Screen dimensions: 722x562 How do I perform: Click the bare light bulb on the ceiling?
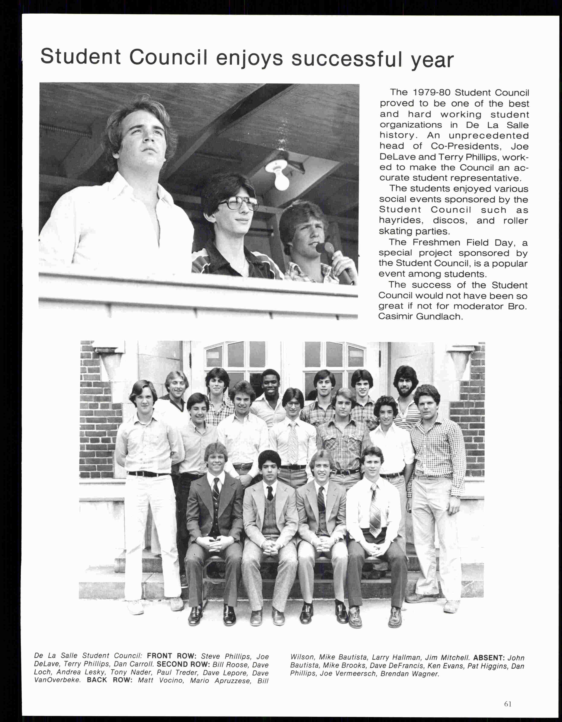point(281,179)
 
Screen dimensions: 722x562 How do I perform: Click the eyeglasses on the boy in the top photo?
point(238,203)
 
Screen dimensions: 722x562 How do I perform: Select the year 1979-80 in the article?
point(432,93)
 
